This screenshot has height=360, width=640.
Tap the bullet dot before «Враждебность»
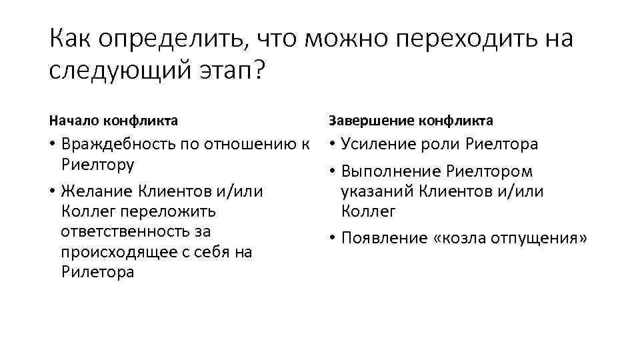coord(53,145)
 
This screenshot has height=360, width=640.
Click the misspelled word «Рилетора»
coord(97,272)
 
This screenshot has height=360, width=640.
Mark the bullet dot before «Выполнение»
coord(332,172)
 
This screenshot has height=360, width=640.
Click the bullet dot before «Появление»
coord(332,239)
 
